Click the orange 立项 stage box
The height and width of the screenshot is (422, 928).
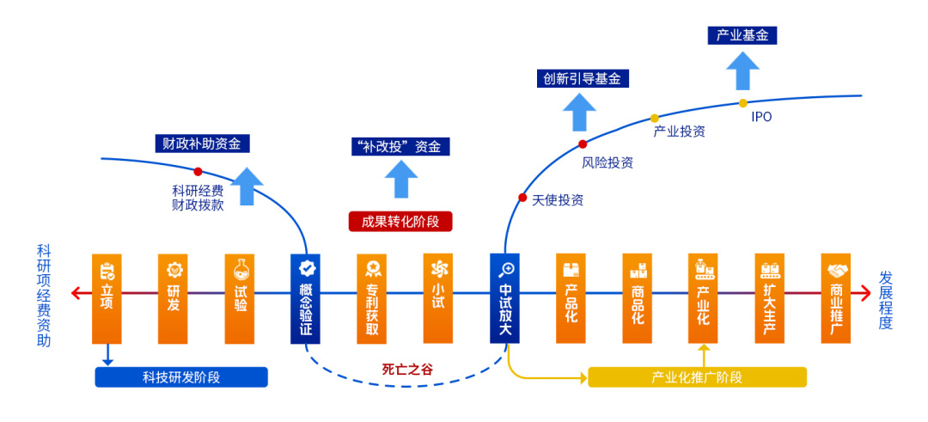(x=107, y=297)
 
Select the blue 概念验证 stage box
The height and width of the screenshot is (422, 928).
(x=306, y=297)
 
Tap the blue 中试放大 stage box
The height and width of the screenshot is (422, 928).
(x=505, y=297)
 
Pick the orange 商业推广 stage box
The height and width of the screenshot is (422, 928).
(x=836, y=297)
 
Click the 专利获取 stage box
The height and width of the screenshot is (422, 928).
(x=372, y=297)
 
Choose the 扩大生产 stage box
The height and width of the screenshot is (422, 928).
(x=770, y=297)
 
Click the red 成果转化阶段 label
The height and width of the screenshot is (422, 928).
(x=400, y=221)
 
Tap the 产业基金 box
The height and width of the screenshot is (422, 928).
(x=742, y=35)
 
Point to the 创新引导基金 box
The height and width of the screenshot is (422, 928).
(x=582, y=78)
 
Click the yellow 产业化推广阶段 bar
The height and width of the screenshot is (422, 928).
(x=697, y=377)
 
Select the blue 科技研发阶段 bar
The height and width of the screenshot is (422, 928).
(x=181, y=377)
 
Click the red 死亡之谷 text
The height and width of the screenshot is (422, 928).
(x=407, y=370)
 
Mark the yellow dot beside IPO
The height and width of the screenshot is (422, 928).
(x=743, y=103)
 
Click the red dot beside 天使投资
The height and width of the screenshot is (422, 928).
(x=522, y=198)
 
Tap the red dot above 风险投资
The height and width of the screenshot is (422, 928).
(x=583, y=144)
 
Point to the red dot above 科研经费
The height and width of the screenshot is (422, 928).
(x=198, y=171)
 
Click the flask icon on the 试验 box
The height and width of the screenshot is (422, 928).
(x=240, y=269)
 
